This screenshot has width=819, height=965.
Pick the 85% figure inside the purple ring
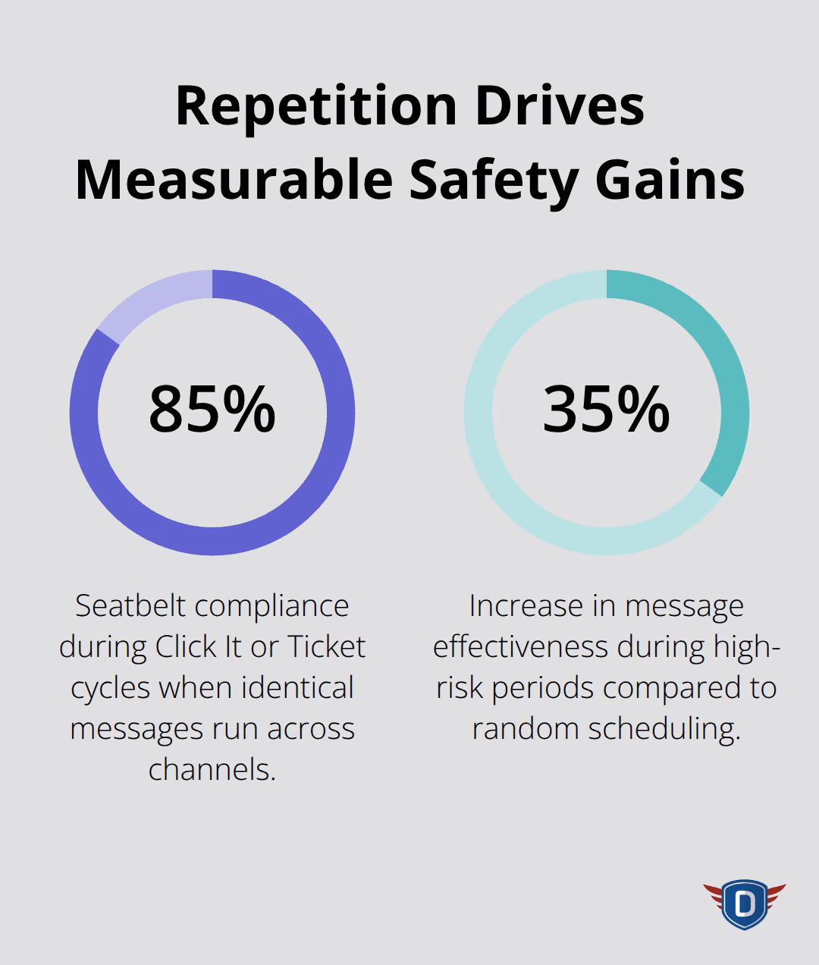[x=212, y=410]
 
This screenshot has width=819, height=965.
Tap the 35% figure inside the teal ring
[x=606, y=410]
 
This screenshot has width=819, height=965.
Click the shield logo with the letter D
[x=744, y=903]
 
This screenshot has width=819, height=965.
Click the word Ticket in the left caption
[x=326, y=647]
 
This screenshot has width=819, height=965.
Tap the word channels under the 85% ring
[x=212, y=770]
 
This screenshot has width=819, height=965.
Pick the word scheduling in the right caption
[x=664, y=729]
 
